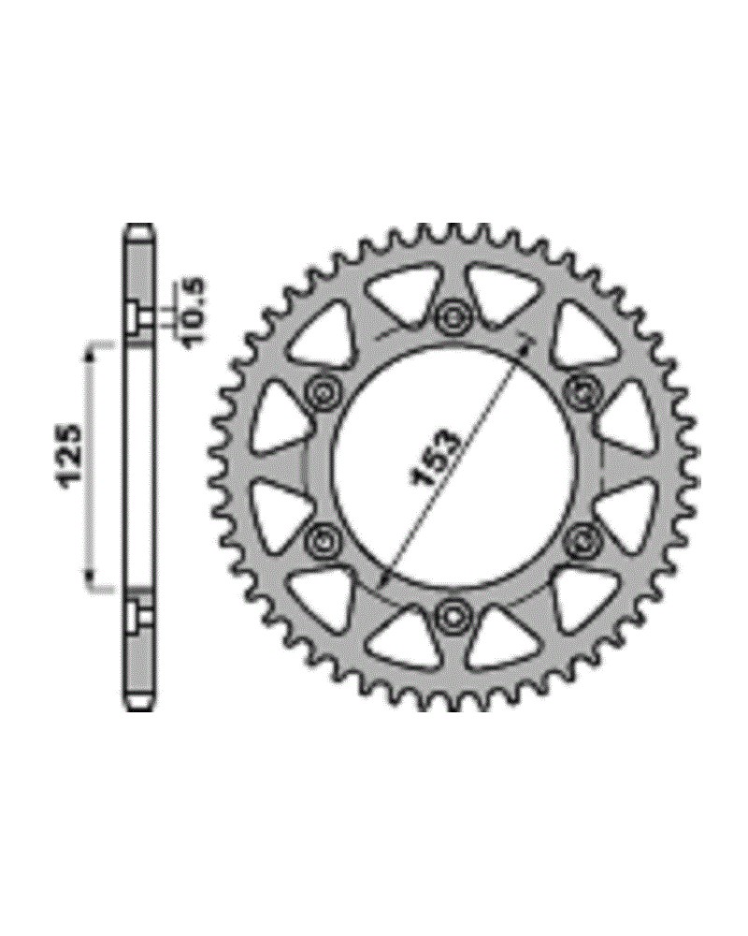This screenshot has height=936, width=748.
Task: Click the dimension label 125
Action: point(72,457)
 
